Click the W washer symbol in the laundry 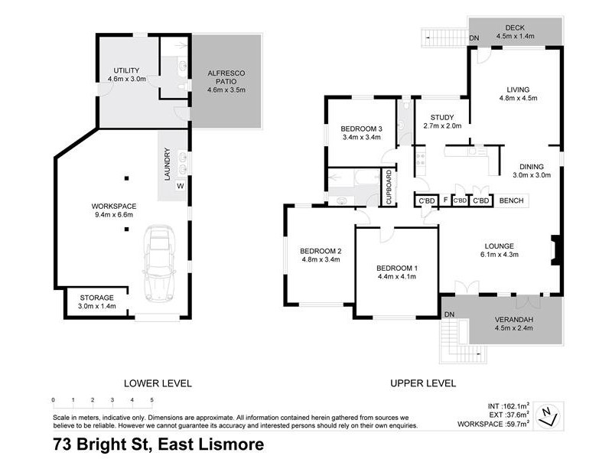[181, 185]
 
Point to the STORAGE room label [96, 298]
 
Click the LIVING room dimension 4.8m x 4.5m [519, 98]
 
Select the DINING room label [531, 166]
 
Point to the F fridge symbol [444, 201]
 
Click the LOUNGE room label [496, 246]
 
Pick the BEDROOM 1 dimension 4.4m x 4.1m [396, 278]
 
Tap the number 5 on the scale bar [152, 400]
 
